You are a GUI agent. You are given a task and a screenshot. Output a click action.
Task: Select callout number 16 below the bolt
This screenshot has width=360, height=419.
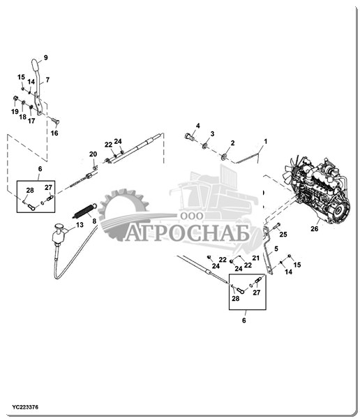click(54, 133)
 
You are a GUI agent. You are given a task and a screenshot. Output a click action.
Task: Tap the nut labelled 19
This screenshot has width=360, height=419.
click(15, 98)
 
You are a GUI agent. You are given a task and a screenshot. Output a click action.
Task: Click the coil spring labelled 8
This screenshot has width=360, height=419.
click(84, 211)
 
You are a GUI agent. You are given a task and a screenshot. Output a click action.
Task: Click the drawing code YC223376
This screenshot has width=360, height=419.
click(25, 407)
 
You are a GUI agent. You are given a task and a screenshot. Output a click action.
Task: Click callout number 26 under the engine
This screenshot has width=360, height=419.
click(315, 229)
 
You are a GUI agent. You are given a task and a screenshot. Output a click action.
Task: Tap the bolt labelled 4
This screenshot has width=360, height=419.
click(190, 137)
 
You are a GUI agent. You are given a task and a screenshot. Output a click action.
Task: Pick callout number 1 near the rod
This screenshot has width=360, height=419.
click(265, 141)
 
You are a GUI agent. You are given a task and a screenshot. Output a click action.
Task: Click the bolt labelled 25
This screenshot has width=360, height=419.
click(276, 226)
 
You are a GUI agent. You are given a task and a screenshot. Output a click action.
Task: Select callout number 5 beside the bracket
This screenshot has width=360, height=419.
click(276, 249)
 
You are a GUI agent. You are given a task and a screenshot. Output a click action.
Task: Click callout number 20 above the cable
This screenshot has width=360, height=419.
click(93, 154)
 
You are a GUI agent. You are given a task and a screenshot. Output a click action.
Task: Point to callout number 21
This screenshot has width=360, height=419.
click(256, 258)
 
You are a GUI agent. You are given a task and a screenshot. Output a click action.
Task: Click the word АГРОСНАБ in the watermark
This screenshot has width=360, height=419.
click(187, 233)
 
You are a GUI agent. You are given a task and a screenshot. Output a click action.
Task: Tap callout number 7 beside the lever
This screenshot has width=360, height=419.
click(47, 80)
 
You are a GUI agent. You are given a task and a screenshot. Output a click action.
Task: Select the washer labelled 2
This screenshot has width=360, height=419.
click(223, 156)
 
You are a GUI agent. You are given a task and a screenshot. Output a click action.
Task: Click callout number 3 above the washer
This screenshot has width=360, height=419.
click(212, 133)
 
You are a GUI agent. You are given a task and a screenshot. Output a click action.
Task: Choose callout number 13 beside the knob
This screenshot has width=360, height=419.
click(80, 225)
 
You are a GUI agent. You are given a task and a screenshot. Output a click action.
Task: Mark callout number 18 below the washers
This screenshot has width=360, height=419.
click(23, 117)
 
